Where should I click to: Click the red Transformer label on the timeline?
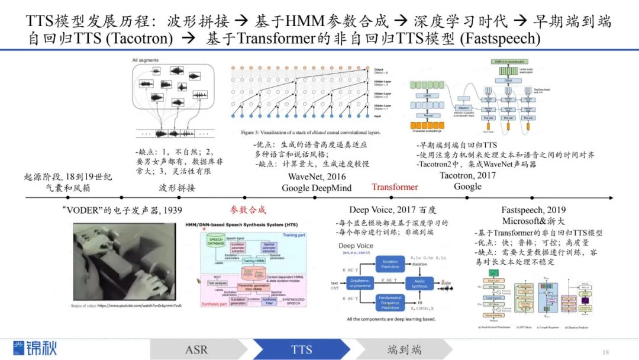point(395,187)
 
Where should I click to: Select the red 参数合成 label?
point(248,210)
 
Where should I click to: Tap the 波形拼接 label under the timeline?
point(177,188)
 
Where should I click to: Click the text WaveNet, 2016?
point(317,176)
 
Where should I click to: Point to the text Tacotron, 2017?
point(467,175)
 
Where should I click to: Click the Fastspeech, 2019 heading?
point(533,210)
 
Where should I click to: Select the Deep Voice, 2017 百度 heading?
point(392,210)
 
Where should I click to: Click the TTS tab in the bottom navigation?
point(301,349)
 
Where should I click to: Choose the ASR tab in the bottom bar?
point(196,349)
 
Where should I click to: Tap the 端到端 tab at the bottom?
point(405,349)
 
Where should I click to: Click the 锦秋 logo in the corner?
point(35,348)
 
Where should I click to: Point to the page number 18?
point(605,351)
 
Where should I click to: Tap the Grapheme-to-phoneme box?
point(360,284)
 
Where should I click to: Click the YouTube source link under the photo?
point(126,306)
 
